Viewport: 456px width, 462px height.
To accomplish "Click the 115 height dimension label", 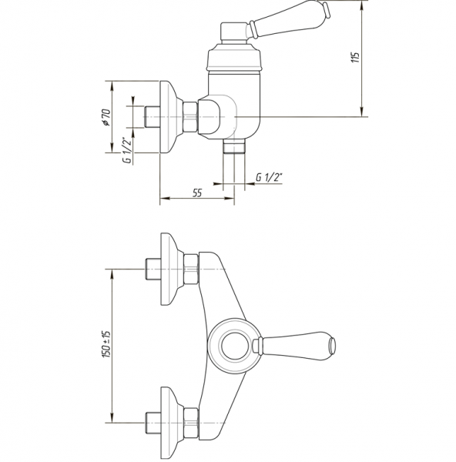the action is (356, 58).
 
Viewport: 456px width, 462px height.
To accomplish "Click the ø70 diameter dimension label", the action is (106, 118).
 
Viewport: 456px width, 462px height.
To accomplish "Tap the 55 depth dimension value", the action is (197, 193).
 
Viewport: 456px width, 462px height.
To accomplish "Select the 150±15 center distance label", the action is (106, 344).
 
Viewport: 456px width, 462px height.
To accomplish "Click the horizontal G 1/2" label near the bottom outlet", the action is (269, 177).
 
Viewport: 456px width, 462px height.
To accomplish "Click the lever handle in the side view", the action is (290, 20).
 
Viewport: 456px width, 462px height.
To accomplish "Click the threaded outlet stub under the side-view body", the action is (234, 146).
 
